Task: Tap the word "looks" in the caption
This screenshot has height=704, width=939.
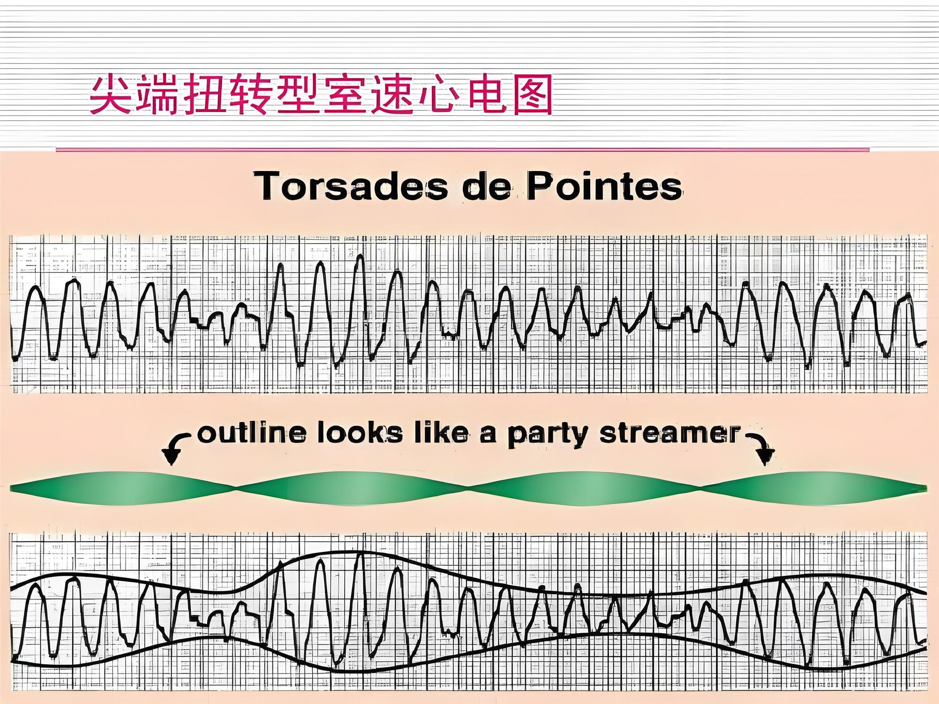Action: [360, 433]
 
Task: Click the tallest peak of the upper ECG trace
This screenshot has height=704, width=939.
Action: [360, 255]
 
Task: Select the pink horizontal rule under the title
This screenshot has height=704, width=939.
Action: [462, 150]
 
